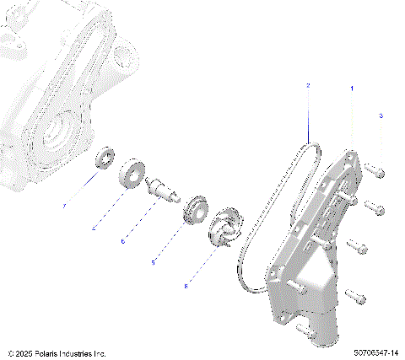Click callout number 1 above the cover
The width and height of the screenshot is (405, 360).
pyautogui.click(x=352, y=87)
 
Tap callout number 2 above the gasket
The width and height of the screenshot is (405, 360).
pyautogui.click(x=309, y=86)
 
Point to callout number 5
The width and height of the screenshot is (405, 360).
pyautogui.click(x=153, y=263)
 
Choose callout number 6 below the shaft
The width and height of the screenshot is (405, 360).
pyautogui.click(x=123, y=241)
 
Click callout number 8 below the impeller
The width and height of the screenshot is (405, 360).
pyautogui.click(x=186, y=287)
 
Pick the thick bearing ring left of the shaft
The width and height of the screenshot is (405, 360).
pyautogui.click(x=134, y=173)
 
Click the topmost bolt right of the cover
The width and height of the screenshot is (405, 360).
pyautogui.click(x=375, y=171)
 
